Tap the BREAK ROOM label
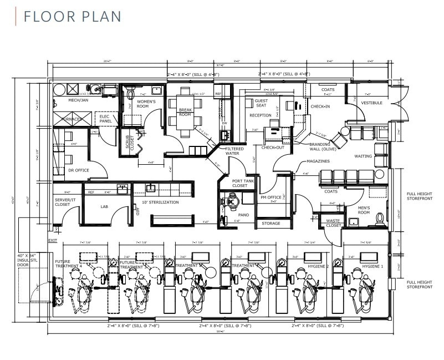(x=185, y=112)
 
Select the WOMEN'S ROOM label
(x=146, y=104)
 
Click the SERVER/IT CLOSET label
(x=63, y=202)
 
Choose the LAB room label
(x=104, y=206)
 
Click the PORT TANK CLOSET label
(x=239, y=184)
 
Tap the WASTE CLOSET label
(x=333, y=224)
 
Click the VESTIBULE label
(x=371, y=103)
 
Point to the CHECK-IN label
(x=320, y=106)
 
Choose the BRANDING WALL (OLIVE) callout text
(x=323, y=146)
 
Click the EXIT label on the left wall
(x=53, y=240)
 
